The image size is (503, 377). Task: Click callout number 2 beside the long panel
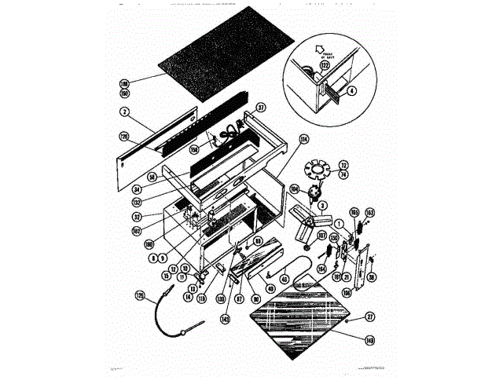[x=123, y=112]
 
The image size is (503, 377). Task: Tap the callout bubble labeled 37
[x=261, y=108]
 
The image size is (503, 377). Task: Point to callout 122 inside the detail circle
[x=324, y=67]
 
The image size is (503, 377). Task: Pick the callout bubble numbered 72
[x=342, y=165]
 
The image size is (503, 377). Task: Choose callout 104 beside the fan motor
[x=295, y=189]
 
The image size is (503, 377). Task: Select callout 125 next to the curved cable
[x=141, y=295]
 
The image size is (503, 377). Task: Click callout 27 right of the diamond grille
[x=369, y=317]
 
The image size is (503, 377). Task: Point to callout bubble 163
[x=369, y=212]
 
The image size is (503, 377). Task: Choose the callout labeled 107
[x=321, y=235]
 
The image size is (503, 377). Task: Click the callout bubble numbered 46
[x=284, y=278]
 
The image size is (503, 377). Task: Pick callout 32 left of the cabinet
[x=136, y=216]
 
